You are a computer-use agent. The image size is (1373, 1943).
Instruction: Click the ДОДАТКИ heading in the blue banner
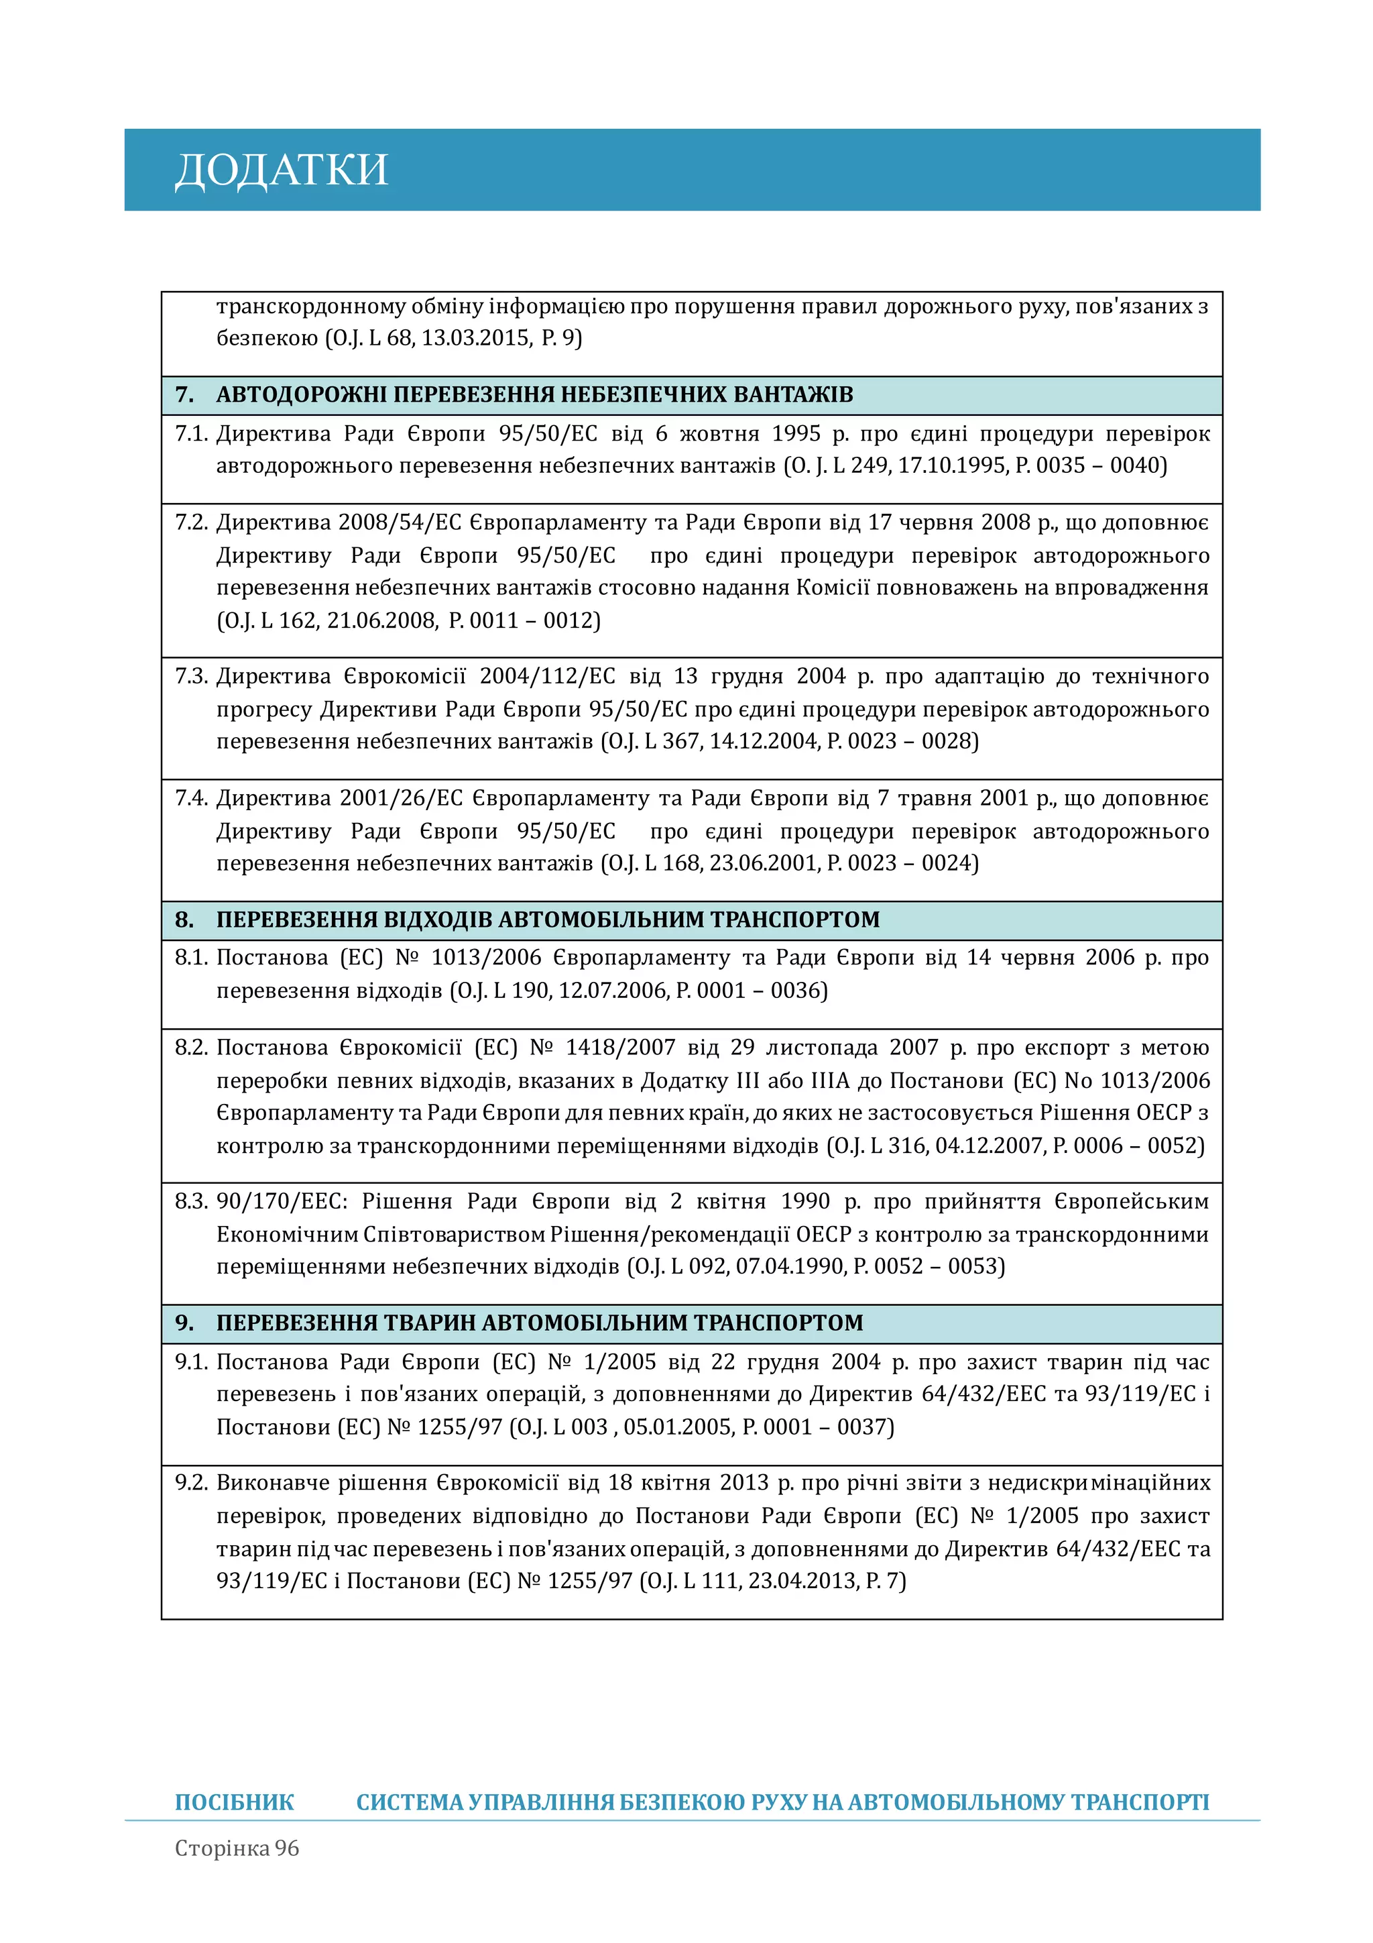[281, 170]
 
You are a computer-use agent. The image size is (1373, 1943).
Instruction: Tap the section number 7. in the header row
[184, 394]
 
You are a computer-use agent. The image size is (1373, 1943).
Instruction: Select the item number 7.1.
[191, 433]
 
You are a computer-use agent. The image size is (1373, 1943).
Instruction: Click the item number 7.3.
[191, 676]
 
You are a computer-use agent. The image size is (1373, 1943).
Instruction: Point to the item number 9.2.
[191, 1483]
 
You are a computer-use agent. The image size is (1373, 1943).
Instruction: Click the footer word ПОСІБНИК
[235, 1803]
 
